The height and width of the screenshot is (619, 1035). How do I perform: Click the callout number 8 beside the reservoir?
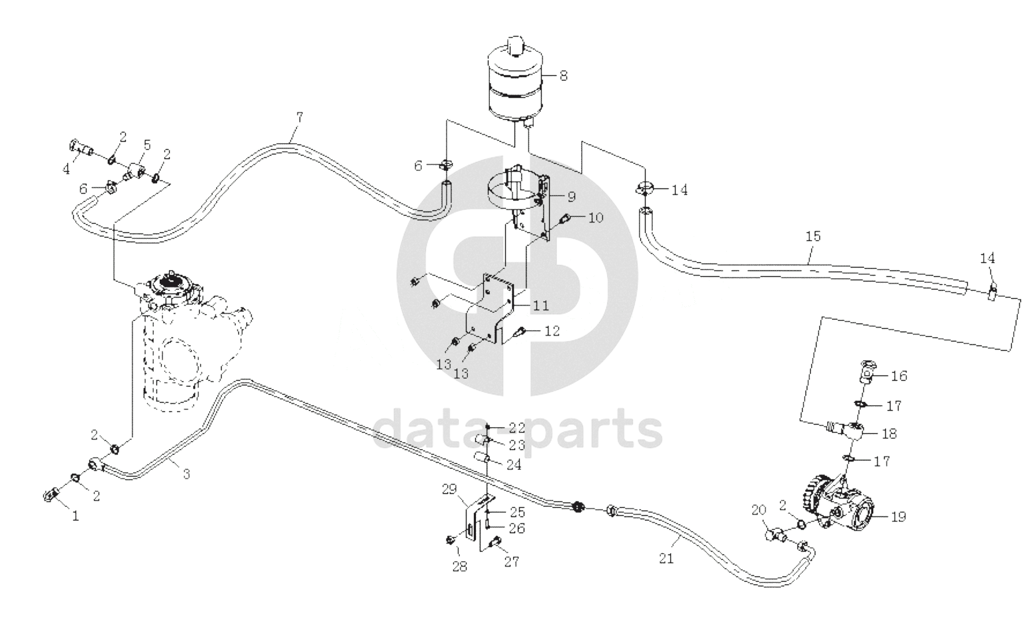click(563, 75)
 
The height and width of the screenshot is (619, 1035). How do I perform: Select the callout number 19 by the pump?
click(899, 516)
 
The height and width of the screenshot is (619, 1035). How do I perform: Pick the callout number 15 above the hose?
click(813, 236)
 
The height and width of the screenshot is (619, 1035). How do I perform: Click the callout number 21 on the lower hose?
click(666, 558)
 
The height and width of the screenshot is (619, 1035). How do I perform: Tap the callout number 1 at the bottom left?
click(75, 516)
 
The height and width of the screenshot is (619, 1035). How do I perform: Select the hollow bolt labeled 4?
click(82, 148)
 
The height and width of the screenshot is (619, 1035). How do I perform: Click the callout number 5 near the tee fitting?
click(147, 145)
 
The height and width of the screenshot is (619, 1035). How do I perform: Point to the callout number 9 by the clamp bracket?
click(571, 197)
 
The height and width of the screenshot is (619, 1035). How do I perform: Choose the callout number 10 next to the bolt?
click(596, 217)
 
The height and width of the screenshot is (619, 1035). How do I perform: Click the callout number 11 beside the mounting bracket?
click(541, 306)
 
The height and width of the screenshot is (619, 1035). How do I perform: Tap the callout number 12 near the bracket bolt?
click(552, 331)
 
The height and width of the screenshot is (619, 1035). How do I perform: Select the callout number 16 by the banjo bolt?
click(899, 376)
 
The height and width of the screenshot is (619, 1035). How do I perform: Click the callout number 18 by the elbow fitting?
click(889, 434)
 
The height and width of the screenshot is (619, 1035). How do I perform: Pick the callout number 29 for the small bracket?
click(449, 489)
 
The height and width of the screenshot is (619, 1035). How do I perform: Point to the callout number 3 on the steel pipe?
click(186, 474)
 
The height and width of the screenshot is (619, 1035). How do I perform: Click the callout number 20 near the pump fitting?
click(759, 510)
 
